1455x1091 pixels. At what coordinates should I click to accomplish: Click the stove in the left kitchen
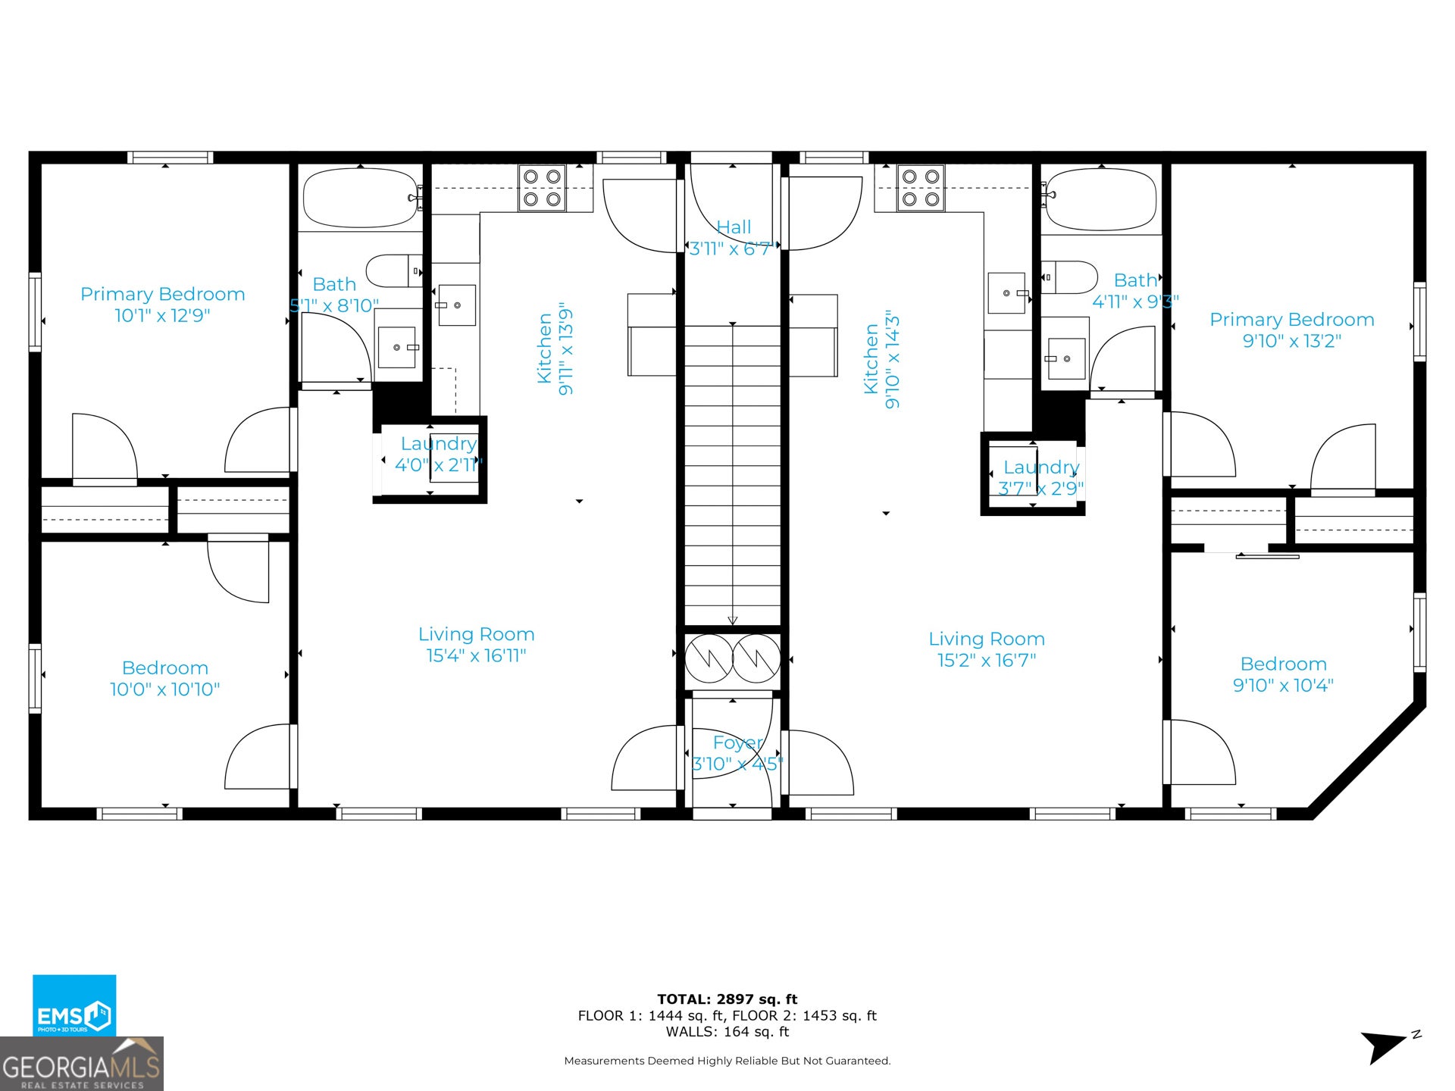pyautogui.click(x=542, y=188)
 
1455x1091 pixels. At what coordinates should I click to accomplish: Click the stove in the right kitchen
pyautogui.click(x=921, y=188)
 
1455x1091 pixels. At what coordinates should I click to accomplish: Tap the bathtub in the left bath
pyautogui.click(x=361, y=198)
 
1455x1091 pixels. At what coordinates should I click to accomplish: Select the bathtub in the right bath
pyautogui.click(x=1100, y=199)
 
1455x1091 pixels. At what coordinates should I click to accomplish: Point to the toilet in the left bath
pyautogui.click(x=394, y=270)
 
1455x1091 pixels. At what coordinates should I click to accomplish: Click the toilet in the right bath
pyautogui.click(x=1069, y=277)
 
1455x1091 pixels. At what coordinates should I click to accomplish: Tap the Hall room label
pyautogui.click(x=734, y=227)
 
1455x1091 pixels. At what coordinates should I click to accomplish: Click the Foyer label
pyautogui.click(x=737, y=743)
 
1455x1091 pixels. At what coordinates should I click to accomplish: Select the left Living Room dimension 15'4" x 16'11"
pyautogui.click(x=476, y=655)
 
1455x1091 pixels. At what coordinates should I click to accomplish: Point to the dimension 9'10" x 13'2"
pyautogui.click(x=1291, y=341)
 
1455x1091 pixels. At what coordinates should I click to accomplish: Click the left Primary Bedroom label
pyautogui.click(x=163, y=294)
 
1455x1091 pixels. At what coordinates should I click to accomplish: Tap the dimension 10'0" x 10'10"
pyautogui.click(x=165, y=689)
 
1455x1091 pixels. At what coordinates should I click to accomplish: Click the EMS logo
pyautogui.click(x=74, y=1005)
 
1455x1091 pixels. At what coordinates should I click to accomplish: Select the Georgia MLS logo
pyautogui.click(x=82, y=1064)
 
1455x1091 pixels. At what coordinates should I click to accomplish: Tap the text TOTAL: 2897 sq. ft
pyautogui.click(x=727, y=999)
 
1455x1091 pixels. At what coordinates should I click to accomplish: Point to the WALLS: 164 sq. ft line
pyautogui.click(x=727, y=1032)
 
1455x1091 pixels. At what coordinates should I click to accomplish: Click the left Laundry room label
pyautogui.click(x=439, y=443)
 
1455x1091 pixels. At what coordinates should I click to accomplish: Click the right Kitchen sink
pyautogui.click(x=1006, y=293)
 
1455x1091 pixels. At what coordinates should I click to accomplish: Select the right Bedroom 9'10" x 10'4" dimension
pyautogui.click(x=1283, y=685)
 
